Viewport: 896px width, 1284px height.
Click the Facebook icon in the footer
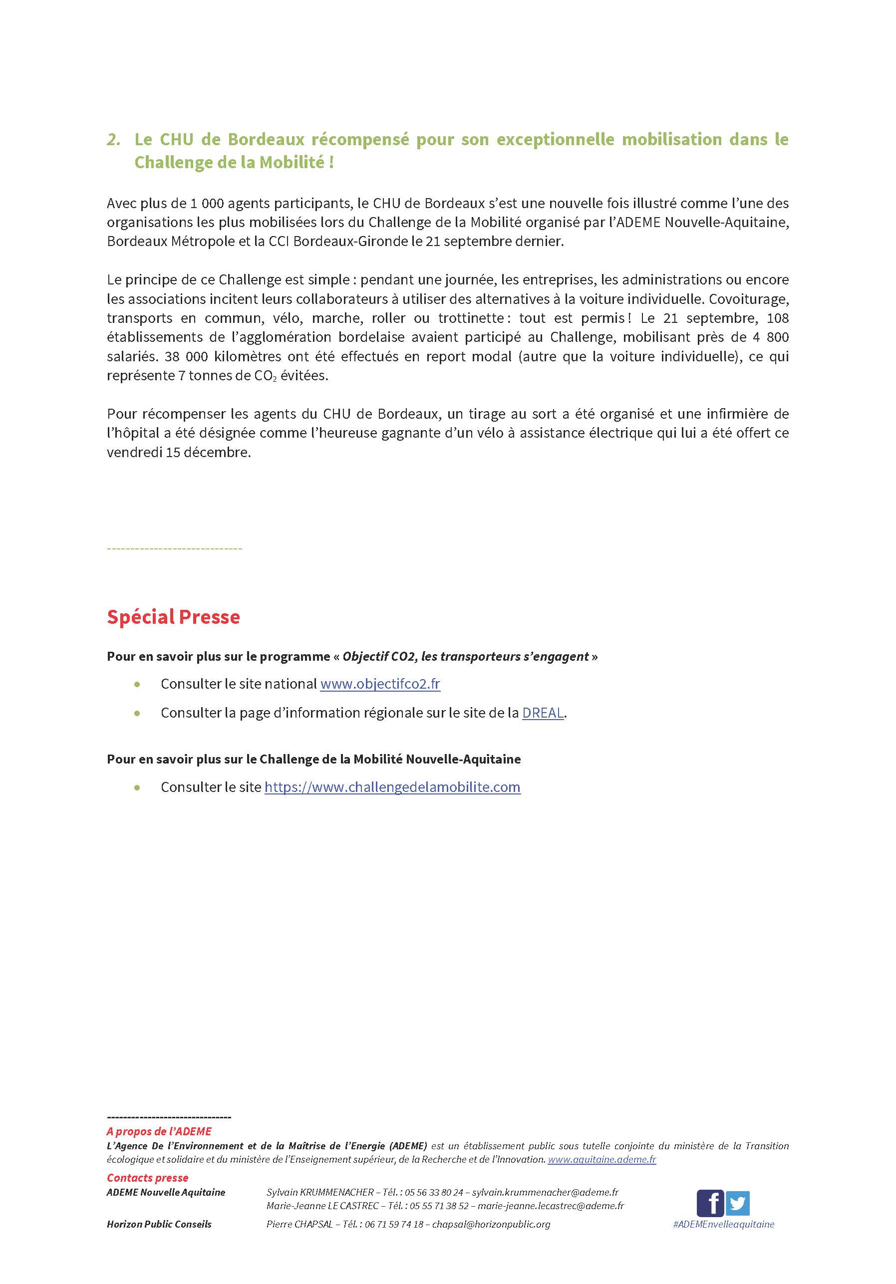(709, 1202)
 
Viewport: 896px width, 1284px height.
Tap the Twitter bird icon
(738, 1202)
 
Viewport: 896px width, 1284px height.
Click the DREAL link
(543, 713)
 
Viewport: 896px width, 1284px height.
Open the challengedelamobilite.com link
(392, 787)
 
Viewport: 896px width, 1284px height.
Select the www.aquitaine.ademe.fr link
(601, 1159)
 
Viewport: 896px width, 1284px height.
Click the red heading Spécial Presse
(173, 617)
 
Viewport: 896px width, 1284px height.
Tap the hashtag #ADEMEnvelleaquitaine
(724, 1224)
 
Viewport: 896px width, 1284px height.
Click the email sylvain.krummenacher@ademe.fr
(545, 1192)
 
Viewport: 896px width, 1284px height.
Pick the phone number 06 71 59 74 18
(394, 1224)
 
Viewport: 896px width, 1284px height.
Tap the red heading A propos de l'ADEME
(159, 1131)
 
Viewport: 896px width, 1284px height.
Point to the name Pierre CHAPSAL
(299, 1224)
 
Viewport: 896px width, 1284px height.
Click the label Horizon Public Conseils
(159, 1224)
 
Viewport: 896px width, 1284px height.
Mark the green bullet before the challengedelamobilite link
(137, 787)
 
